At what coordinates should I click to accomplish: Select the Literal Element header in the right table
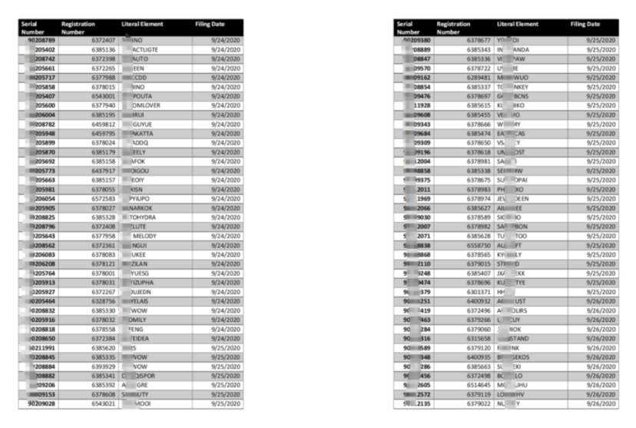(518, 25)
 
